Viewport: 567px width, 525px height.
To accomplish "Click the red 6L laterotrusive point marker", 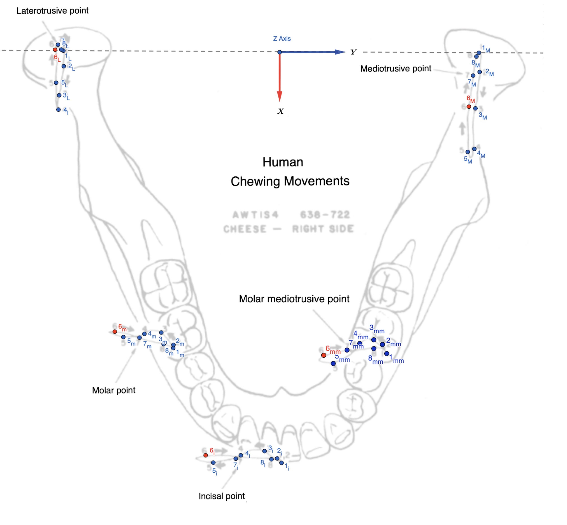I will [x=55, y=50].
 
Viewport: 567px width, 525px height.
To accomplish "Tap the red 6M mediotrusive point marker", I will [x=469, y=107].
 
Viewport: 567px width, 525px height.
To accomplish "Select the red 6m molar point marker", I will [x=115, y=332].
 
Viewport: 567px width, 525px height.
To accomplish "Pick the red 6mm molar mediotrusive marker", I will [x=323, y=355].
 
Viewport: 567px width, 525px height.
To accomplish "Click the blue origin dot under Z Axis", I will [x=279, y=52].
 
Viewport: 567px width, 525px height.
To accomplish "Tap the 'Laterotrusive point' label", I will [x=53, y=11].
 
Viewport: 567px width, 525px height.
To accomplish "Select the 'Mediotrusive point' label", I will [x=396, y=68].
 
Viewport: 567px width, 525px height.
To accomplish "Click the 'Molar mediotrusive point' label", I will [x=294, y=299].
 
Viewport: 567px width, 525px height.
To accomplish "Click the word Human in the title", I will [x=283, y=162].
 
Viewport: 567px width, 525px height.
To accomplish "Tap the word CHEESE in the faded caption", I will [x=245, y=229].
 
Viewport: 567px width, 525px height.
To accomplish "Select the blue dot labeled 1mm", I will [x=387, y=353].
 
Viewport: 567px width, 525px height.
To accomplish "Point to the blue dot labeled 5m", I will [x=123, y=337].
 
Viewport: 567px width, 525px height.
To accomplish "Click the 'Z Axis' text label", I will [x=282, y=39].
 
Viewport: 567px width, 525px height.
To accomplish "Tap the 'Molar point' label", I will [x=114, y=390].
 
